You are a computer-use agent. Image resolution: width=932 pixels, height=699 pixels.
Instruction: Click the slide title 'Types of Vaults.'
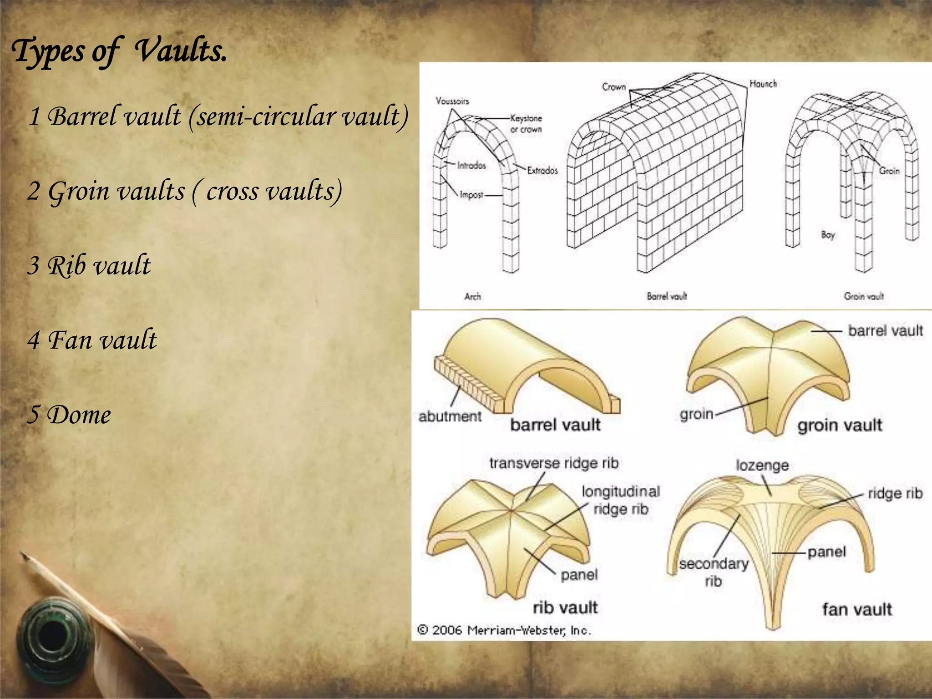point(119,51)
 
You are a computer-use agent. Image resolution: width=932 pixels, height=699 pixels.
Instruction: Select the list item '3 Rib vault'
point(89,265)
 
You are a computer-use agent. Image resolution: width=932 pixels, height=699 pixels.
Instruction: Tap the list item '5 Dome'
point(69,415)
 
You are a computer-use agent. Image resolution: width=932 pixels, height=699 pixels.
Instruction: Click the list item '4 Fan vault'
point(92,340)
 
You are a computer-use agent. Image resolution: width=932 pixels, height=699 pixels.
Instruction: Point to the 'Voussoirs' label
point(452,101)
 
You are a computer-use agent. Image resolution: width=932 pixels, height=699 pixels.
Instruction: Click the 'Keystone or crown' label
point(526,123)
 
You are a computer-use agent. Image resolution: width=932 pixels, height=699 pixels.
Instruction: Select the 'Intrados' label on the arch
point(471,166)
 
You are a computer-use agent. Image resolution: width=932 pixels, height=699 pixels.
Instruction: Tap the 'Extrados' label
point(542,171)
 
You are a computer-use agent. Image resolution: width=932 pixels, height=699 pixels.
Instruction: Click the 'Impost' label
point(471,195)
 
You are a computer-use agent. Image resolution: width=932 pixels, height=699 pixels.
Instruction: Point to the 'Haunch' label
point(763,84)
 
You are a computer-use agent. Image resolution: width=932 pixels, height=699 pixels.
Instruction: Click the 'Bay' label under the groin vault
point(828,235)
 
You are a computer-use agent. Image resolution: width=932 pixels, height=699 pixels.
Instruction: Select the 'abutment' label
point(450,416)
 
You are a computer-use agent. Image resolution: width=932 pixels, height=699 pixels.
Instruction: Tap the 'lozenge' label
point(762,465)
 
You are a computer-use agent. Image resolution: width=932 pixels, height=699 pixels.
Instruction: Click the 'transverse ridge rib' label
point(554,463)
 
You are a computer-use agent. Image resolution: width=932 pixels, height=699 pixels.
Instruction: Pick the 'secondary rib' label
point(714,572)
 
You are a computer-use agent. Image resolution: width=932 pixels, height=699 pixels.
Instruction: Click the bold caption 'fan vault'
point(857,609)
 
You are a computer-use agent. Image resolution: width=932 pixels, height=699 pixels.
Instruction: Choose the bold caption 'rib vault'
point(565,607)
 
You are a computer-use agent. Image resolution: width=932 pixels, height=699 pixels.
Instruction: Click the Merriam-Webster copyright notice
point(504,630)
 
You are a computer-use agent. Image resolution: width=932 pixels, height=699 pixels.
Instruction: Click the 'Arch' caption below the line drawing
point(472,297)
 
